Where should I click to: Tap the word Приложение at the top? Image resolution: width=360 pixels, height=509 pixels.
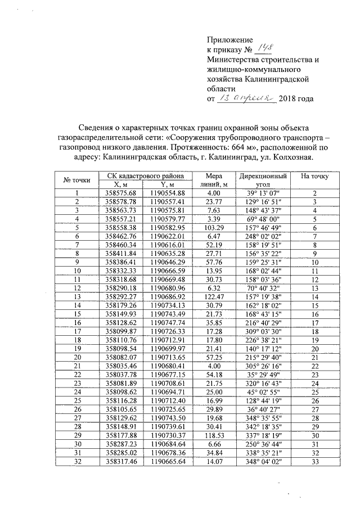coord(231,40)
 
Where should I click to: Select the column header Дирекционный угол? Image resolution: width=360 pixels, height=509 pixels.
coord(262,180)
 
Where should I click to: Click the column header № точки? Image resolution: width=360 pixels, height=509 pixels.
coord(77,180)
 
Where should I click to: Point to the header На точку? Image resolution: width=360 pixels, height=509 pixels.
coord(315,176)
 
